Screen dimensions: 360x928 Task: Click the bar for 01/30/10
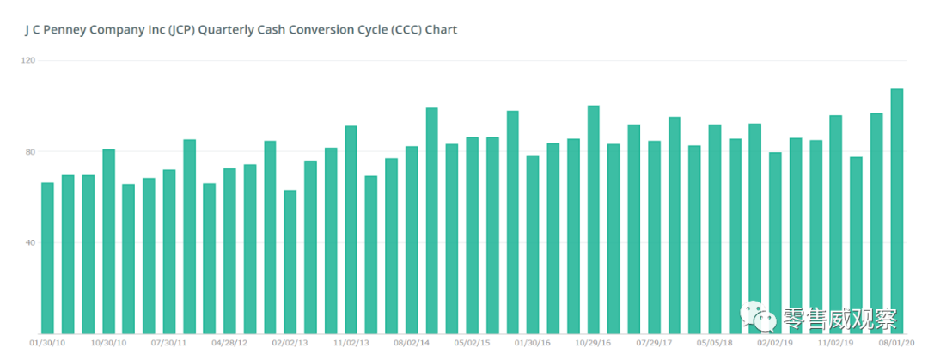tap(47, 258)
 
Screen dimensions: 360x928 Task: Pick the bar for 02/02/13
tap(290, 262)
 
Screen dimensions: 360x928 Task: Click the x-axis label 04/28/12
tap(229, 343)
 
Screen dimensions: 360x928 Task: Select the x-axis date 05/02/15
tap(472, 343)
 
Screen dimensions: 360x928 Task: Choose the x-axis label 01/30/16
tap(533, 343)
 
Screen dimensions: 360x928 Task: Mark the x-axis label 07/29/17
tap(654, 343)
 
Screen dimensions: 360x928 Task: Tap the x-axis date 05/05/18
tap(714, 343)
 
